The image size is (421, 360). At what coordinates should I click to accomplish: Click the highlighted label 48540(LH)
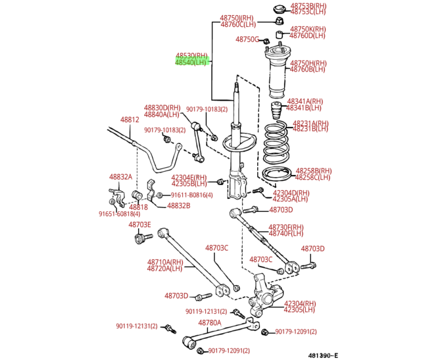[x=191, y=63]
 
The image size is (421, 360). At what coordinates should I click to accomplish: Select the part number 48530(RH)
[x=191, y=56]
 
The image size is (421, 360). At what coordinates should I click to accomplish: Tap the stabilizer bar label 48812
[x=129, y=120]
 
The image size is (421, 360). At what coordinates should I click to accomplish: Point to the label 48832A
[x=120, y=177]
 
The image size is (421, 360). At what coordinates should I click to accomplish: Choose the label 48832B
[x=178, y=205]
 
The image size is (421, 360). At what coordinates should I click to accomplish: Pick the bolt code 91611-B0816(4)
[x=193, y=195]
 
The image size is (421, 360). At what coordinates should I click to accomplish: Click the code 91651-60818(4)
[x=120, y=214]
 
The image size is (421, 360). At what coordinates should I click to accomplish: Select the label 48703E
[x=139, y=225]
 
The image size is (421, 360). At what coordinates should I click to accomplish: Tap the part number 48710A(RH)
[x=164, y=262]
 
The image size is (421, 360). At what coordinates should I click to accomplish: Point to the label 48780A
[x=209, y=322]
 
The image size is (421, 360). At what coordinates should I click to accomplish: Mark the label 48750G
[x=247, y=39]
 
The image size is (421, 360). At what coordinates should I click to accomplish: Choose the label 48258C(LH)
[x=312, y=177]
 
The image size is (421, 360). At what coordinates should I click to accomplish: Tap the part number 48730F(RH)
[x=286, y=227]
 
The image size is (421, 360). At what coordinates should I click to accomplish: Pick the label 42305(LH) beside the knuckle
[x=300, y=309]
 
